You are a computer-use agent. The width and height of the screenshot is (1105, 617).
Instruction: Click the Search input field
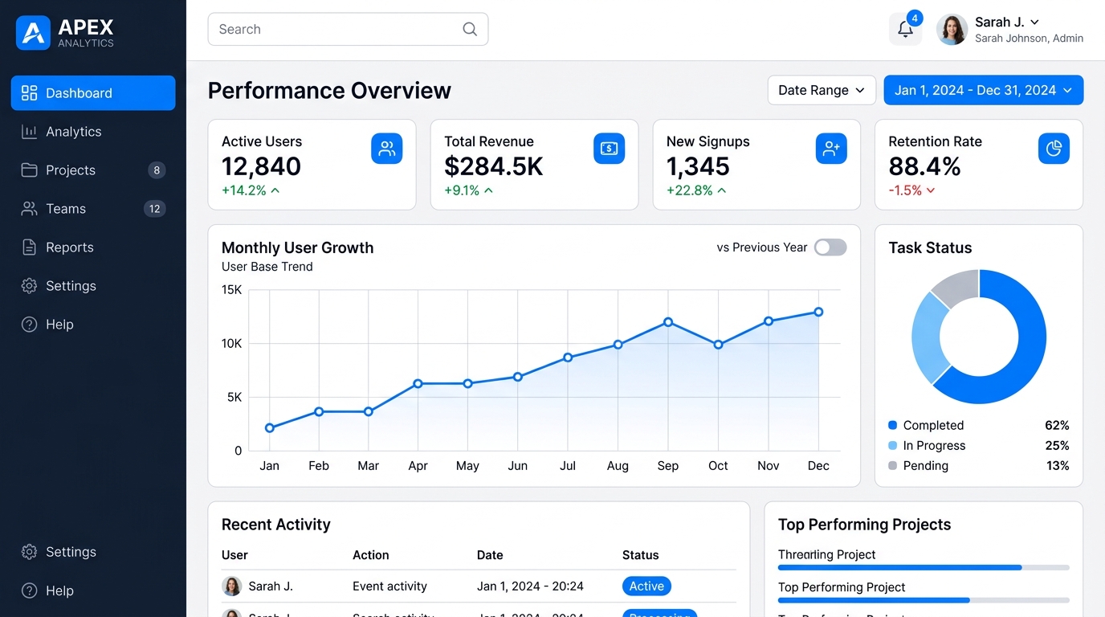[x=337, y=29]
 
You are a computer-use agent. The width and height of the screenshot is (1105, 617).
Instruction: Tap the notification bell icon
[x=905, y=30]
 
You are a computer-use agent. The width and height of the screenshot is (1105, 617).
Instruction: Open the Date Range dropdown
[x=821, y=90]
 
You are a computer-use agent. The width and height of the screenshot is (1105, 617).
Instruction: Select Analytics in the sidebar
[x=73, y=132]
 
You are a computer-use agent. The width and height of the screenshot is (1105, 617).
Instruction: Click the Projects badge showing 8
[x=157, y=170]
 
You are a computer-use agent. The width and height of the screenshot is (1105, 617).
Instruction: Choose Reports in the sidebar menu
[x=69, y=247]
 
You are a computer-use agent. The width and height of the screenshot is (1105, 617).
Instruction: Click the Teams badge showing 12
[x=154, y=209]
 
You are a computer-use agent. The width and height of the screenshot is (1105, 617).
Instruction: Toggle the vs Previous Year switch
[x=830, y=247]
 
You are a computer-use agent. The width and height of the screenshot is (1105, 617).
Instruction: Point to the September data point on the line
[x=668, y=322]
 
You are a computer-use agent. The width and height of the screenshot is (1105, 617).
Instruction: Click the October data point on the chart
[x=718, y=345]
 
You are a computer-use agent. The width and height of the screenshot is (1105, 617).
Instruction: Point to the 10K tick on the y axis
[x=231, y=344]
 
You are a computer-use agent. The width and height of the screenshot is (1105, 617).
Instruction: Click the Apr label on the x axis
[x=418, y=466]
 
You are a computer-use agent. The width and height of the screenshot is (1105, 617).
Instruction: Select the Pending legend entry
[x=925, y=466]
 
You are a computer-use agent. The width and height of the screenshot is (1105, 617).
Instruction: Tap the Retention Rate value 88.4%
[x=924, y=166]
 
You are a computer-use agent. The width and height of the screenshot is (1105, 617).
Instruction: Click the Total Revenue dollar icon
[x=609, y=149]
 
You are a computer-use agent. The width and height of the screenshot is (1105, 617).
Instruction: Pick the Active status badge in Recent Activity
[x=646, y=586]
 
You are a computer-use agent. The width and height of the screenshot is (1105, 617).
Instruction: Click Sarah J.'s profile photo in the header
[x=952, y=30]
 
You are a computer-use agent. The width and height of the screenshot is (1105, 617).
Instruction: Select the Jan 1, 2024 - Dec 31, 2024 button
[x=983, y=90]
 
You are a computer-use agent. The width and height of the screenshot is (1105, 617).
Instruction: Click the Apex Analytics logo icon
[x=33, y=33]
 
